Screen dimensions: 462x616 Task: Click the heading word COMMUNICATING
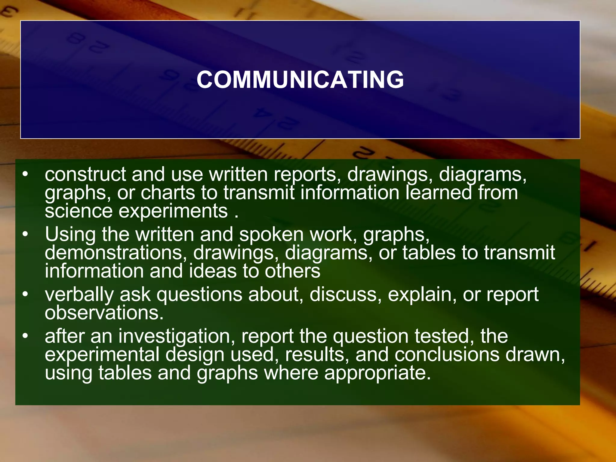pos(300,80)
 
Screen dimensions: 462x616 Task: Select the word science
pos(79,211)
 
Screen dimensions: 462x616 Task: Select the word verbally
pos(79,295)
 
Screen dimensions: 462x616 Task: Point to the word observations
pos(104,313)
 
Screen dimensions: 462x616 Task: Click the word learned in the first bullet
pos(439,193)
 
